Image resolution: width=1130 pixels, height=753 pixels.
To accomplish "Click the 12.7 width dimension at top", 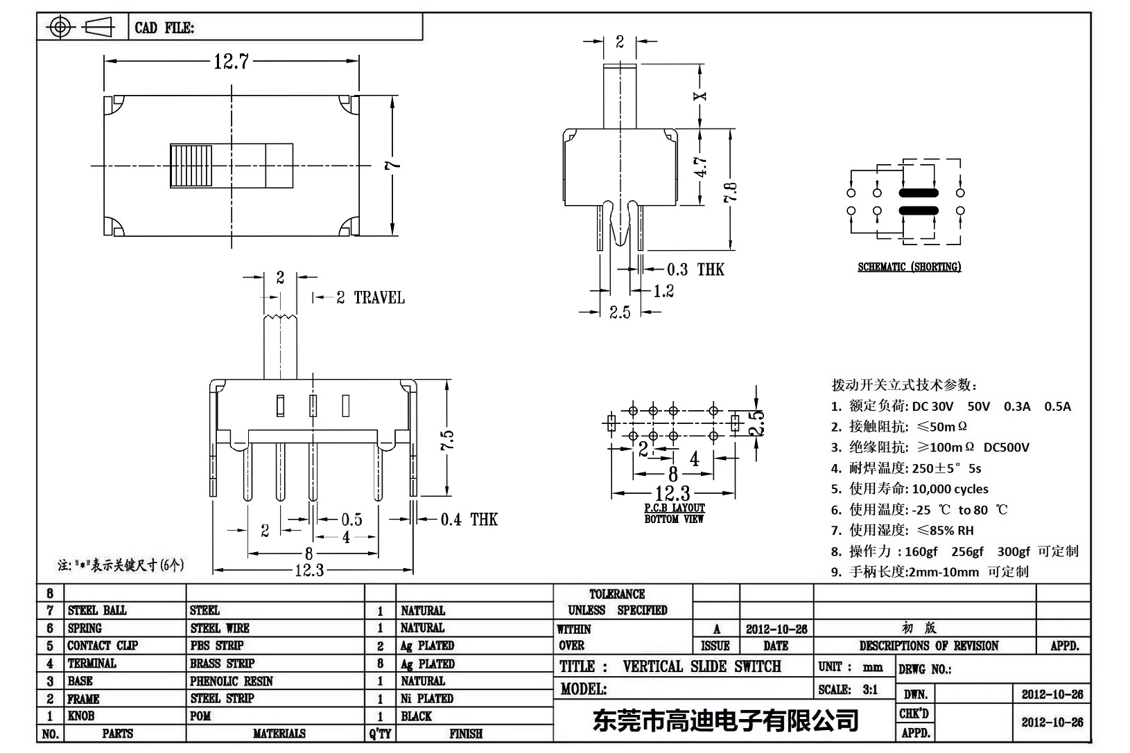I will click(x=231, y=62).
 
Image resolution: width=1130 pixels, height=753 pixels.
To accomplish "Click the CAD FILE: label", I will click(x=164, y=28).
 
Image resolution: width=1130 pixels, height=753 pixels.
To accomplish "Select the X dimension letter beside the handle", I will click(x=702, y=96).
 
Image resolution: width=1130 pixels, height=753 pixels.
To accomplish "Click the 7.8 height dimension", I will click(x=731, y=190).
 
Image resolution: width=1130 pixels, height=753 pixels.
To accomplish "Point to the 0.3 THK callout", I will click(x=695, y=269).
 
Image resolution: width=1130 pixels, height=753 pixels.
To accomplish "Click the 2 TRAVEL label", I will click(x=370, y=298).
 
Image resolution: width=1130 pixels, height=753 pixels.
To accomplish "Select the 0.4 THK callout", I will click(x=469, y=520).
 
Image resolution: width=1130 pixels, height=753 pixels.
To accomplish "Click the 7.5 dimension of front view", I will click(x=447, y=440).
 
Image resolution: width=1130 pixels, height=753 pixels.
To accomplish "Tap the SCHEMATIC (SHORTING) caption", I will click(x=909, y=267).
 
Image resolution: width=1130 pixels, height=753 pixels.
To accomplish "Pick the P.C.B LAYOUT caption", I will click(x=674, y=508).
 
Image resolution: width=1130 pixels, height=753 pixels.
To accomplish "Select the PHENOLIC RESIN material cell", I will click(x=232, y=681).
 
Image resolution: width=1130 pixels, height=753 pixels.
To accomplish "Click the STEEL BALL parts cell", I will click(x=97, y=610).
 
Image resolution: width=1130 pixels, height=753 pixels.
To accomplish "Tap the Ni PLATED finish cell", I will click(x=427, y=698).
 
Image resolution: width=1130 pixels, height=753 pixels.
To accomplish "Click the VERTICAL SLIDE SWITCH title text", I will click(x=702, y=666).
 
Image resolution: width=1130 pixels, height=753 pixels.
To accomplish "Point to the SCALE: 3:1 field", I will click(x=848, y=689).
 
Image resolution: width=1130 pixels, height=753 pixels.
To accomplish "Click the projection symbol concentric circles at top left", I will click(x=60, y=28).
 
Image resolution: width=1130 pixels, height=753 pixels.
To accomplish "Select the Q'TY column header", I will click(x=380, y=734).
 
